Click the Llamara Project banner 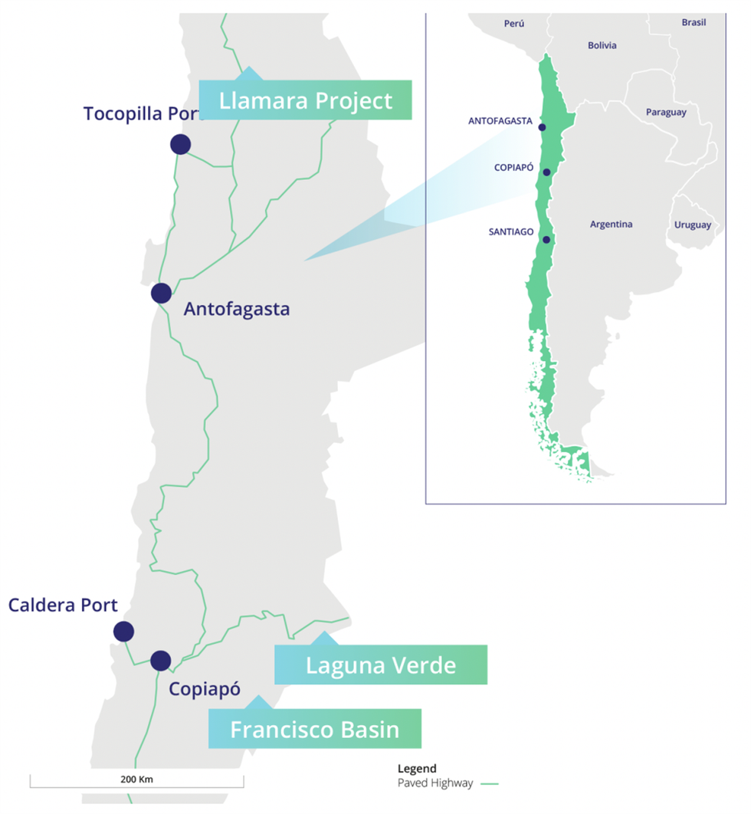(305, 100)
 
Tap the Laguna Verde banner (381, 665)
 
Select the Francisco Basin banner (315, 729)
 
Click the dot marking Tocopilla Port (180, 144)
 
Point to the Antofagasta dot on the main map (161, 293)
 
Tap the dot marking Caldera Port (123, 632)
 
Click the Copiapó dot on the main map (160, 660)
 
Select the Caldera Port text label (63, 605)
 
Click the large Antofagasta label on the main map (237, 309)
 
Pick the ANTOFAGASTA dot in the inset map (543, 127)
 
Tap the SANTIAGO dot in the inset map (546, 240)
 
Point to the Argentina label (611, 225)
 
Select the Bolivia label (602, 46)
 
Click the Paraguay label (666, 112)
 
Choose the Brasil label (694, 23)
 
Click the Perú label (514, 24)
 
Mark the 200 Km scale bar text (137, 779)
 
